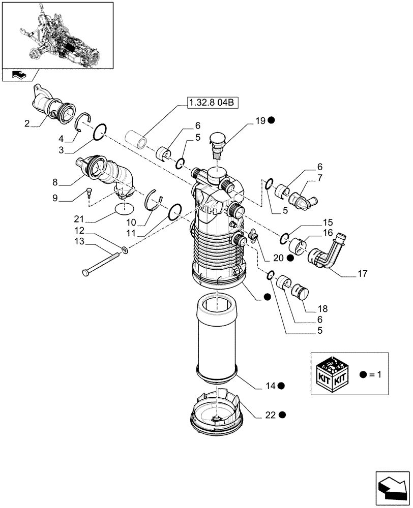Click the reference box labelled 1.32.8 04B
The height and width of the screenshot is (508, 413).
click(x=212, y=103)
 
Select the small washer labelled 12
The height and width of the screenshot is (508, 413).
click(x=125, y=249)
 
